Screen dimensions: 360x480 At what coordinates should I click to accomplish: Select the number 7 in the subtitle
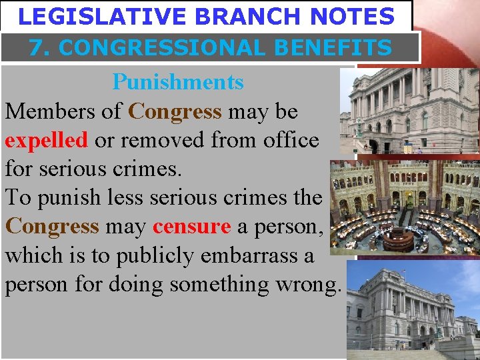[36, 48]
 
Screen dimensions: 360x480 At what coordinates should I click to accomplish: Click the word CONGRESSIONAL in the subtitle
[160, 48]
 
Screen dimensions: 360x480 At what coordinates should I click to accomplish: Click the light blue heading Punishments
[178, 83]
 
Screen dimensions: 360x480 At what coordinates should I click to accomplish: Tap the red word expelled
[46, 140]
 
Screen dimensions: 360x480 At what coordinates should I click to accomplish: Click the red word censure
[191, 227]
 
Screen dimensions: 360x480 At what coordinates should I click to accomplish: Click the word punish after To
[70, 198]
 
